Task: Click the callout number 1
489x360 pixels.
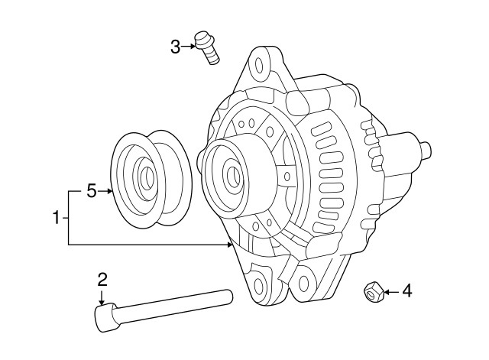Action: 56,219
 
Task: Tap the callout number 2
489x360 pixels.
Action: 102,279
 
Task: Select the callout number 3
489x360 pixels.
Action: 175,47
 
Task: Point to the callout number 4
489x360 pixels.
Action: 406,290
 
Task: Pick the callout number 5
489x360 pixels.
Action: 92,190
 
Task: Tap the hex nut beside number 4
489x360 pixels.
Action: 373,291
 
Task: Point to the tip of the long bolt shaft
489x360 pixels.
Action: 228,293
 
